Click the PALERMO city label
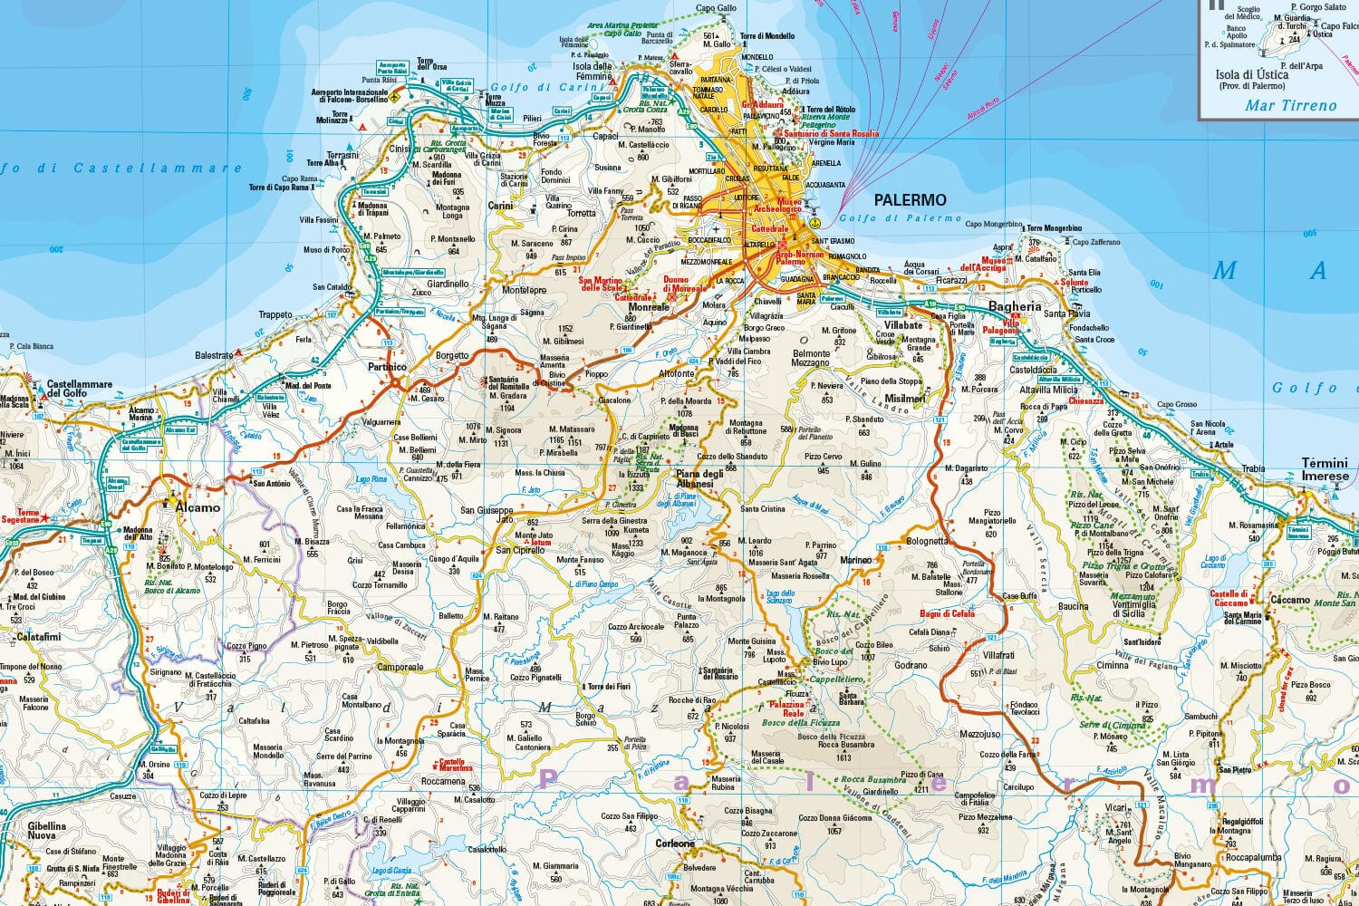click(910, 200)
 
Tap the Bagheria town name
click(1015, 307)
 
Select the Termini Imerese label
click(1325, 469)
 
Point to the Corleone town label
click(675, 844)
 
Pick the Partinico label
click(387, 367)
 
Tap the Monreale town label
click(649, 307)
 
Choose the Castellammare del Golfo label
click(80, 389)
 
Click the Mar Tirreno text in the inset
click(1290, 105)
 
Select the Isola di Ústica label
click(1251, 74)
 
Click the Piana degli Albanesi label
click(699, 478)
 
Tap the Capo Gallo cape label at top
click(716, 8)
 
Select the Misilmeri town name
click(905, 399)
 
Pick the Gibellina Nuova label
click(47, 831)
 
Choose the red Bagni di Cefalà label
click(947, 613)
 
